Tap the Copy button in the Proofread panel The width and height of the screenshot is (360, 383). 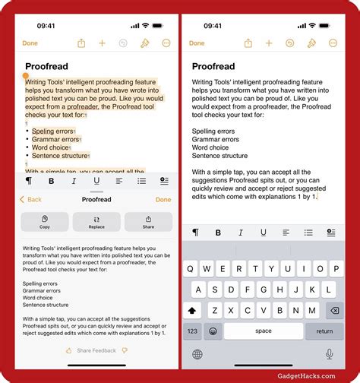click(x=45, y=222)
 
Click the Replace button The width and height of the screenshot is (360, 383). click(x=96, y=222)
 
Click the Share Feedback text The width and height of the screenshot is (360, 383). click(x=96, y=350)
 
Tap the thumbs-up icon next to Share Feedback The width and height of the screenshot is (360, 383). click(x=69, y=350)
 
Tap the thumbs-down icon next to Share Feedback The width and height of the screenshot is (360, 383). click(x=125, y=350)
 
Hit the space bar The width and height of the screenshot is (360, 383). click(x=263, y=331)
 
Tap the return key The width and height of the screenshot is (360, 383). click(x=324, y=331)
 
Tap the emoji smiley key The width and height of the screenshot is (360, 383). click(x=214, y=331)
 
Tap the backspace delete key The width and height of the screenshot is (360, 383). click(x=332, y=310)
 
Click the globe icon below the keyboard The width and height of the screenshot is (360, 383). click(x=197, y=354)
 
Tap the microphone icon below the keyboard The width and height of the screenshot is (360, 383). click(x=330, y=354)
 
